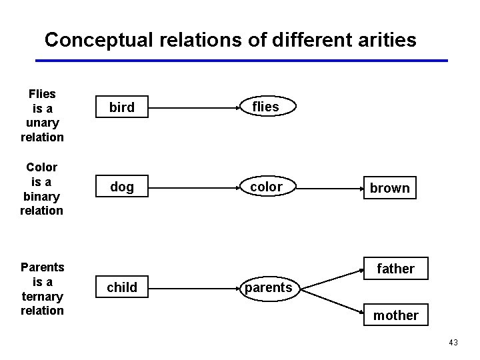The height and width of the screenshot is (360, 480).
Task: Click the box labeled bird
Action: [x=121, y=107]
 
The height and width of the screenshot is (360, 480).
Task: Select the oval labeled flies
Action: [x=265, y=107]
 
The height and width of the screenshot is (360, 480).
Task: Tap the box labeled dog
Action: [x=121, y=187]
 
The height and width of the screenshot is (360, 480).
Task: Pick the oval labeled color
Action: [x=266, y=187]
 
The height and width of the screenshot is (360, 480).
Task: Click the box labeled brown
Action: [x=389, y=188]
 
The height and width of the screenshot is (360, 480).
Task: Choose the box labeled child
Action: [x=122, y=287]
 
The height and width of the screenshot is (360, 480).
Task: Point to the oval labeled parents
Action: [x=268, y=288]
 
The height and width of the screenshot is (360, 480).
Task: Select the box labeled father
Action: [x=395, y=269]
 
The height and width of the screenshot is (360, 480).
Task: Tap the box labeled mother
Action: [x=395, y=315]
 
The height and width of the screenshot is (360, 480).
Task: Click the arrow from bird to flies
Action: [x=193, y=107]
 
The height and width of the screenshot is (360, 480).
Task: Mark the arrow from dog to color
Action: [x=193, y=187]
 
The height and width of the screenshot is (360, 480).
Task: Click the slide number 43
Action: [x=453, y=343]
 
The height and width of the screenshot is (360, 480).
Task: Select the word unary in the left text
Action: [x=42, y=123]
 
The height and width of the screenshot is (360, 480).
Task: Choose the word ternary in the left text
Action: [x=42, y=296]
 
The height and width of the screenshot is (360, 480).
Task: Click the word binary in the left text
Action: [x=42, y=196]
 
